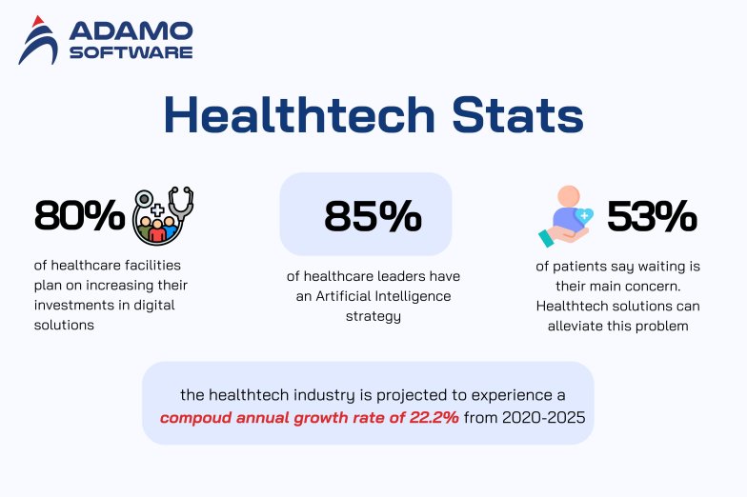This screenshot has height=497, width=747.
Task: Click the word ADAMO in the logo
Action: pyautogui.click(x=131, y=30)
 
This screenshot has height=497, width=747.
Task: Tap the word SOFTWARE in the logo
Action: pyautogui.click(x=131, y=51)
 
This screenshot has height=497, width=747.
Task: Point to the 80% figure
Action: pyautogui.click(x=79, y=216)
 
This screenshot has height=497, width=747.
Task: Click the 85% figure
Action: pyautogui.click(x=373, y=216)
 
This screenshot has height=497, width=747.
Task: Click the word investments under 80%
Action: pyautogui.click(x=72, y=305)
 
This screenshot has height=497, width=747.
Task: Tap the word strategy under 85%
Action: pyautogui.click(x=373, y=315)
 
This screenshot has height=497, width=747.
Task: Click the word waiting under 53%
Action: pyautogui.click(x=647, y=267)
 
